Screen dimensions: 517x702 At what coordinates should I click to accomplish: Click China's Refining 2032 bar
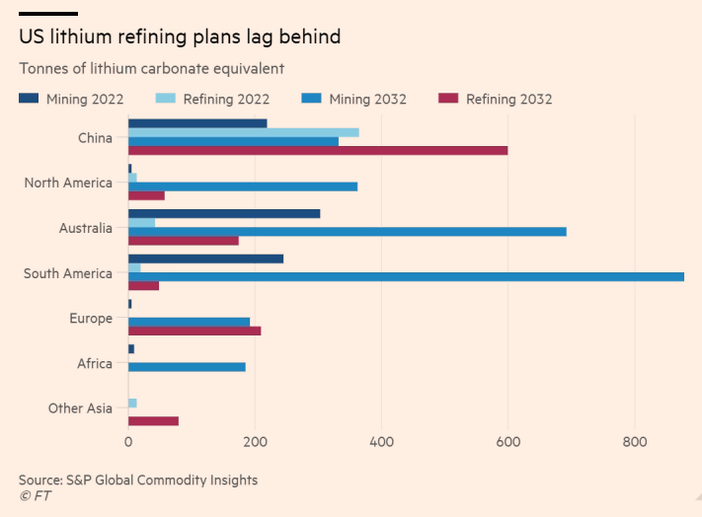(x=318, y=150)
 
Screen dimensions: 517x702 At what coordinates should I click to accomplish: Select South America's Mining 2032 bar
(x=406, y=276)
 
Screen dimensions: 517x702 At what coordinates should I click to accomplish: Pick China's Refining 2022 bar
(x=244, y=132)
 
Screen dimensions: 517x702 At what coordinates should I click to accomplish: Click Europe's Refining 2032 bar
(x=195, y=331)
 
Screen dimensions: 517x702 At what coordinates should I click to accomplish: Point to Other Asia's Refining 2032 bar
(x=153, y=420)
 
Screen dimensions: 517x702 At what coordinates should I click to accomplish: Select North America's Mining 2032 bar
(x=243, y=186)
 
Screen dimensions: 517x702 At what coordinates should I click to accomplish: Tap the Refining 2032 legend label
(x=508, y=99)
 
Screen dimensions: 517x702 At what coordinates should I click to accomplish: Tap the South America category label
(x=68, y=273)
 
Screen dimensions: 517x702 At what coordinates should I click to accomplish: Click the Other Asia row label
(x=80, y=408)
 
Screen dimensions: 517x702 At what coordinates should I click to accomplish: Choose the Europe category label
(x=91, y=319)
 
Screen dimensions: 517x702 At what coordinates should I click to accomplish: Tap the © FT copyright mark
(x=35, y=495)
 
